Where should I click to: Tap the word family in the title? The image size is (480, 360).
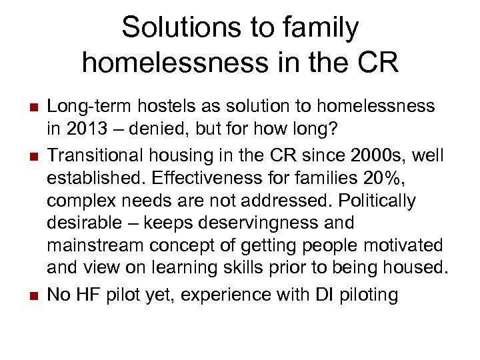tap(325, 28)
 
